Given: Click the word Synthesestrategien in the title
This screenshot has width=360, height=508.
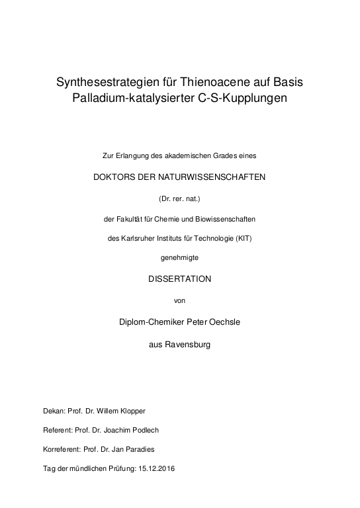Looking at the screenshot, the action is [x=112, y=83].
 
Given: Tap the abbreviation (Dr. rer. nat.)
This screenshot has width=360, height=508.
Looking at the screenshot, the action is [x=179, y=198].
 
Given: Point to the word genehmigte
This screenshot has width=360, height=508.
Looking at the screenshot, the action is [x=179, y=258].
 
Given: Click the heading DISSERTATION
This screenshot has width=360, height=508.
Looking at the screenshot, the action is [x=179, y=279].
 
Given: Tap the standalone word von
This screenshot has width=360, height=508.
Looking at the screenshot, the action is [x=179, y=300].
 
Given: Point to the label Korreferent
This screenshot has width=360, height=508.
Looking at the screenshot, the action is [x=61, y=449].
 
